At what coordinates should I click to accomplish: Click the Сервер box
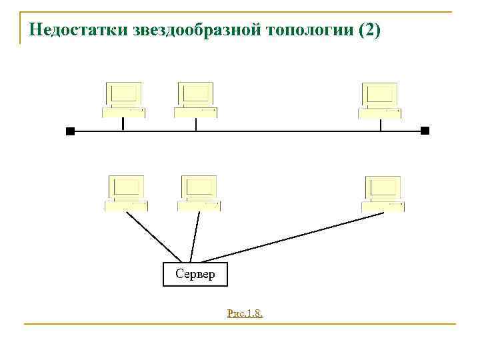(x=195, y=274)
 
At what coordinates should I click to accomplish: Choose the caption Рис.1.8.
(x=244, y=313)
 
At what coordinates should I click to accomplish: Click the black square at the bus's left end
(x=70, y=131)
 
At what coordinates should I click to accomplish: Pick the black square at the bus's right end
(x=425, y=131)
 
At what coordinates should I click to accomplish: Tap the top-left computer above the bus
(x=124, y=99)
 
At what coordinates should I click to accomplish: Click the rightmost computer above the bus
(x=380, y=100)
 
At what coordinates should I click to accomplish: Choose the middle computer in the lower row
(x=199, y=193)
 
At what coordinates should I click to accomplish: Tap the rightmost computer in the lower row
(x=383, y=193)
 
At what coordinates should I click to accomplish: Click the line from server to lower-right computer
(x=293, y=237)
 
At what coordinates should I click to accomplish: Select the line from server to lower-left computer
(x=153, y=237)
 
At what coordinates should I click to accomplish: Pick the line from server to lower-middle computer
(x=195, y=237)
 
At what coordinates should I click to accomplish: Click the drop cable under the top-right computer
(x=380, y=125)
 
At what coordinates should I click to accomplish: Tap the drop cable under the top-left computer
(x=123, y=124)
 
